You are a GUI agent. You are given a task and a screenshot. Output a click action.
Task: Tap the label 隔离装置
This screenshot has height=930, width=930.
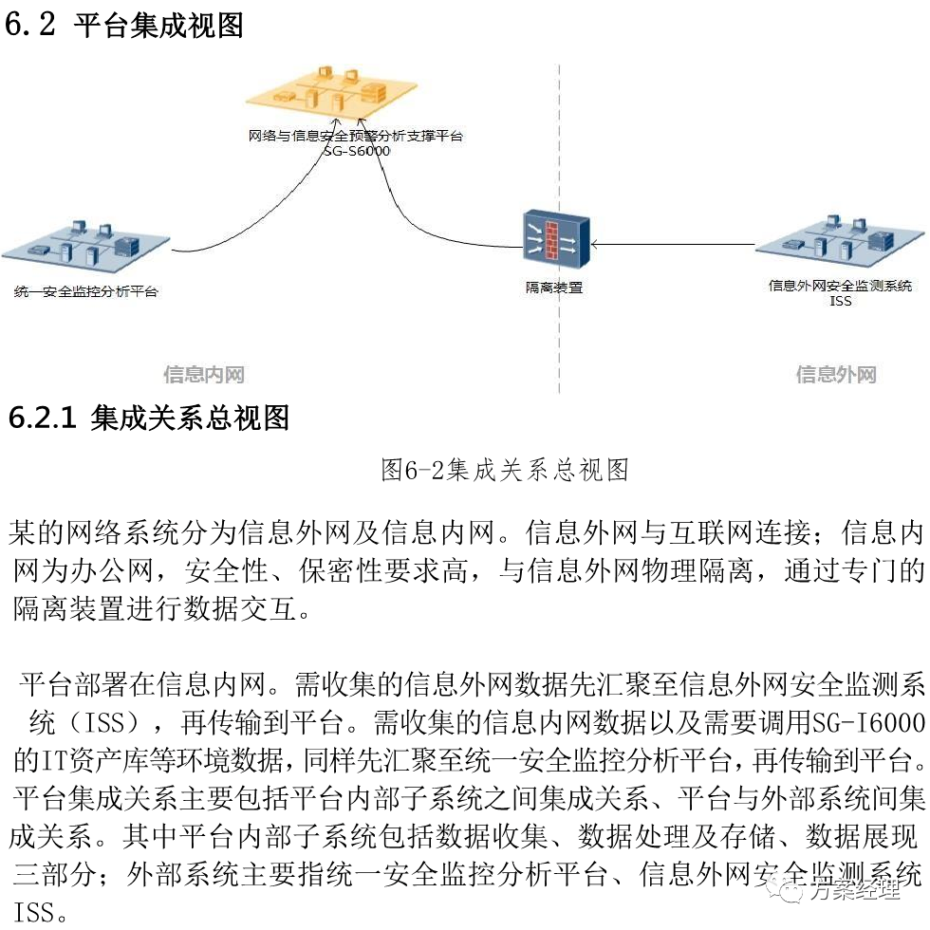tap(554, 287)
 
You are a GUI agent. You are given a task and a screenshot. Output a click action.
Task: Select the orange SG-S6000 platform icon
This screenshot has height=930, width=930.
tap(332, 91)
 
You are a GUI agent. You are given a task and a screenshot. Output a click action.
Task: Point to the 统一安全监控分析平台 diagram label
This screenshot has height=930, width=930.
tap(86, 291)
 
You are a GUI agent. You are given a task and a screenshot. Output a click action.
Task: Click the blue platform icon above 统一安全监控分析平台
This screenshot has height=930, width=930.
tap(85, 245)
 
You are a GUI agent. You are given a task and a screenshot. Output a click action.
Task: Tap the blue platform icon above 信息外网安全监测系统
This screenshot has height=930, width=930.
tap(840, 240)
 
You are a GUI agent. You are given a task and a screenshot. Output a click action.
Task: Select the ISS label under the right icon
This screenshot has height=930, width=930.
tap(841, 301)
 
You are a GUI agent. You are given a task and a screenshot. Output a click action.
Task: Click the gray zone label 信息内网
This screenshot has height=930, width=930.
tap(204, 375)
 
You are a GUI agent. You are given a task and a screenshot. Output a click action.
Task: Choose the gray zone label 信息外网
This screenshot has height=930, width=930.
tap(836, 375)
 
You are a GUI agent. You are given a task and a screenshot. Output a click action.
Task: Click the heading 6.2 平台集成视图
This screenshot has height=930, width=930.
tap(124, 25)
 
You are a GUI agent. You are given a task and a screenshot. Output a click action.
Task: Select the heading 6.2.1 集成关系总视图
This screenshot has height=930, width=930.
tap(148, 418)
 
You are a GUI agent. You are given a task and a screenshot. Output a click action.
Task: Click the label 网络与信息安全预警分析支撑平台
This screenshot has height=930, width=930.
tap(356, 136)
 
